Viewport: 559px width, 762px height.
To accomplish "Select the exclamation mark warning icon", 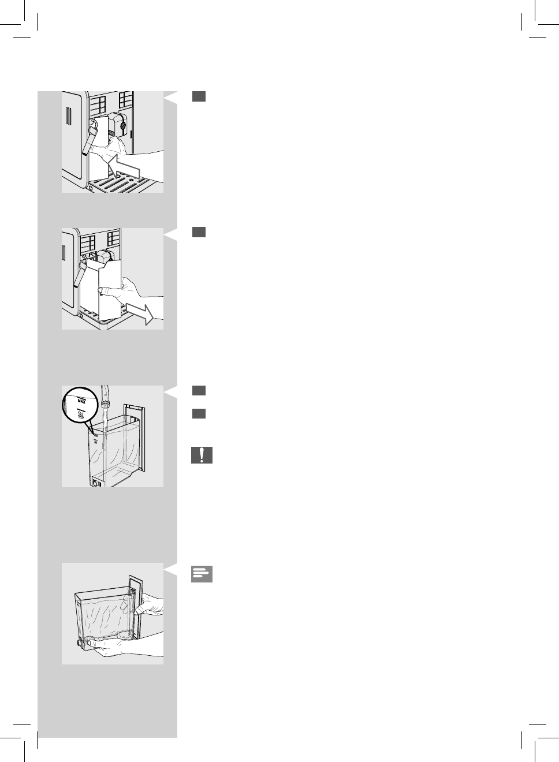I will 202,455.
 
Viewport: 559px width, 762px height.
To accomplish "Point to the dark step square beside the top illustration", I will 199,97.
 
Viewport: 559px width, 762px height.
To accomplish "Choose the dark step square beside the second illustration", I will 199,232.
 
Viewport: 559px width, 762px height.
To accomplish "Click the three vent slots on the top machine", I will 69,116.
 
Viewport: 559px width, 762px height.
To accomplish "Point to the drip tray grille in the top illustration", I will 121,185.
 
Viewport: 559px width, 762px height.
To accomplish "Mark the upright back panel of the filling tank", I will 139,439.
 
